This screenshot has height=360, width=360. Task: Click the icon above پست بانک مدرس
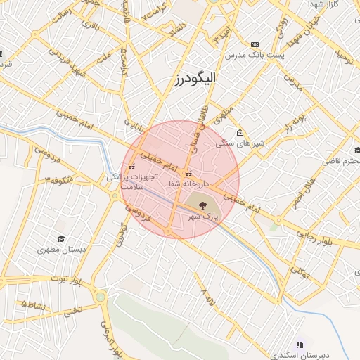[255, 44]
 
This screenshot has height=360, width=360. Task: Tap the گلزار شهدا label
[323, 4]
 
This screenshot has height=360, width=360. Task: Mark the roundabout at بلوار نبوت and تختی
[100, 297]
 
